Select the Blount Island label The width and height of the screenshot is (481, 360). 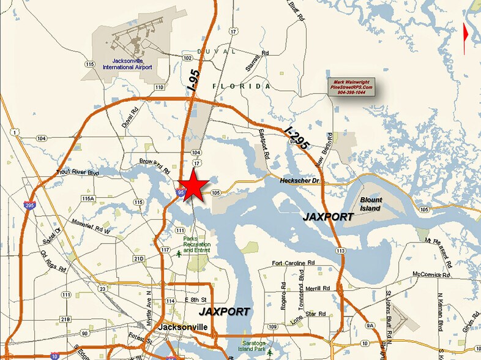coord(370,204)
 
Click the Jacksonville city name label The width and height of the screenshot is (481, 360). coord(184,328)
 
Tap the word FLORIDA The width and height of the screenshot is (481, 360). coord(241,86)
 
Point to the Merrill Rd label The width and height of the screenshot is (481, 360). coord(317,288)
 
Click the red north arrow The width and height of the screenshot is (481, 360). coord(466,32)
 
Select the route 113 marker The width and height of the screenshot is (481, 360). coord(341,250)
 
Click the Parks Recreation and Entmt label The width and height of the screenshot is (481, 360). coord(196,244)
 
